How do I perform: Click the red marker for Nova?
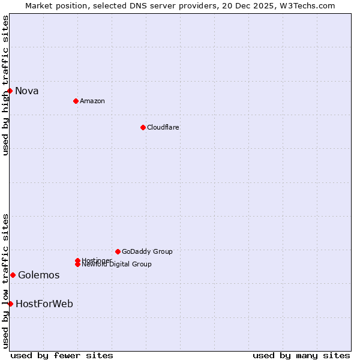click(10, 91)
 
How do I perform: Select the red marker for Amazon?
click(76, 101)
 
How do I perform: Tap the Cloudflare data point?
click(143, 127)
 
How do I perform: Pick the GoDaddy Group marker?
click(118, 251)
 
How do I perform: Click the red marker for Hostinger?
click(77, 260)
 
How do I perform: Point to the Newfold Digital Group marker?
click(77, 264)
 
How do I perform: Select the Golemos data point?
click(13, 275)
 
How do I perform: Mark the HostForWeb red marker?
click(10, 304)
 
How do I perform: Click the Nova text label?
click(27, 91)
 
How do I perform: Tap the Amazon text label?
click(92, 101)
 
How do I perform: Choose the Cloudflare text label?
click(163, 127)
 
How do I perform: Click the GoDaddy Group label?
click(147, 251)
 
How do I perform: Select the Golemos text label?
click(39, 275)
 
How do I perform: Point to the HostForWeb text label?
click(44, 304)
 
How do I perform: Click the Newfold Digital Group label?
click(117, 265)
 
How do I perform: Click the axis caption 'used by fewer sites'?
click(62, 355)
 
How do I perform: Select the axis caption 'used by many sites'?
click(301, 355)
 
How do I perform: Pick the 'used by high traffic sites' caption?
click(5, 85)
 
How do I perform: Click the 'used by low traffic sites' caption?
click(5, 281)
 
